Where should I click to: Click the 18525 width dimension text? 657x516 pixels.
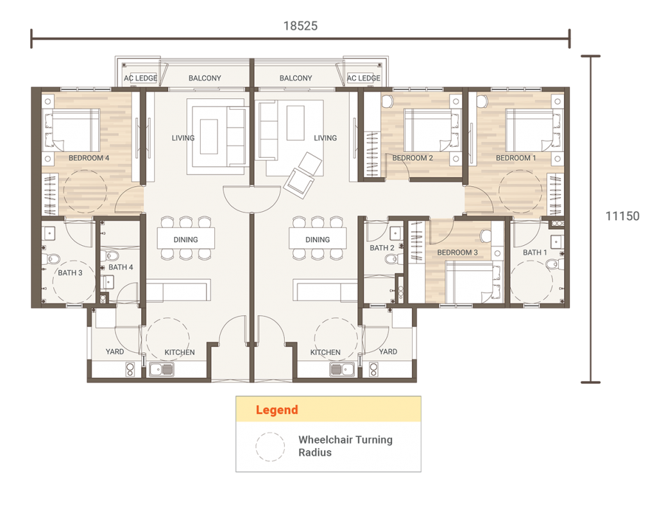coord(300,26)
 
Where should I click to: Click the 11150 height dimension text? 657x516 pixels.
coord(622,216)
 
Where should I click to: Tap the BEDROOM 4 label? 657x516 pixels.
coord(89,158)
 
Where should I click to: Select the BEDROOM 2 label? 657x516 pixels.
coord(413,158)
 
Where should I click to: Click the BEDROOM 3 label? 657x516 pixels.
coord(457,252)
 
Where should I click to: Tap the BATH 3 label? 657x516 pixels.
coord(70,273)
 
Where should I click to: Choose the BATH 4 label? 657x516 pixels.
coord(121,267)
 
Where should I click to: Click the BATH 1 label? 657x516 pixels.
coord(535,252)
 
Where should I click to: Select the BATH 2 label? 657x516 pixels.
coord(382,248)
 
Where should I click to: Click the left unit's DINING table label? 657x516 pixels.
coord(185,239)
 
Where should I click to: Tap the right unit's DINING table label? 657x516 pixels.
coord(318,239)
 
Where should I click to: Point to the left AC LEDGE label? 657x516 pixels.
coord(141,78)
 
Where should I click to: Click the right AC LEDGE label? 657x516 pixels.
coord(364,78)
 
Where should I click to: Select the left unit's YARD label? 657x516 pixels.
coord(115,352)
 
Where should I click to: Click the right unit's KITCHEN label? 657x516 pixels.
coord(325,352)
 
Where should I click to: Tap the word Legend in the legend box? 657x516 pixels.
coord(277,410)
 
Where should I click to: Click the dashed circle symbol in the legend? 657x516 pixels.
coord(270,447)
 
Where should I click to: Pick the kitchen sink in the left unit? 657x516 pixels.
coord(161,369)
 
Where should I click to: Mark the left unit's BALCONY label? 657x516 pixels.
coord(205,78)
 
